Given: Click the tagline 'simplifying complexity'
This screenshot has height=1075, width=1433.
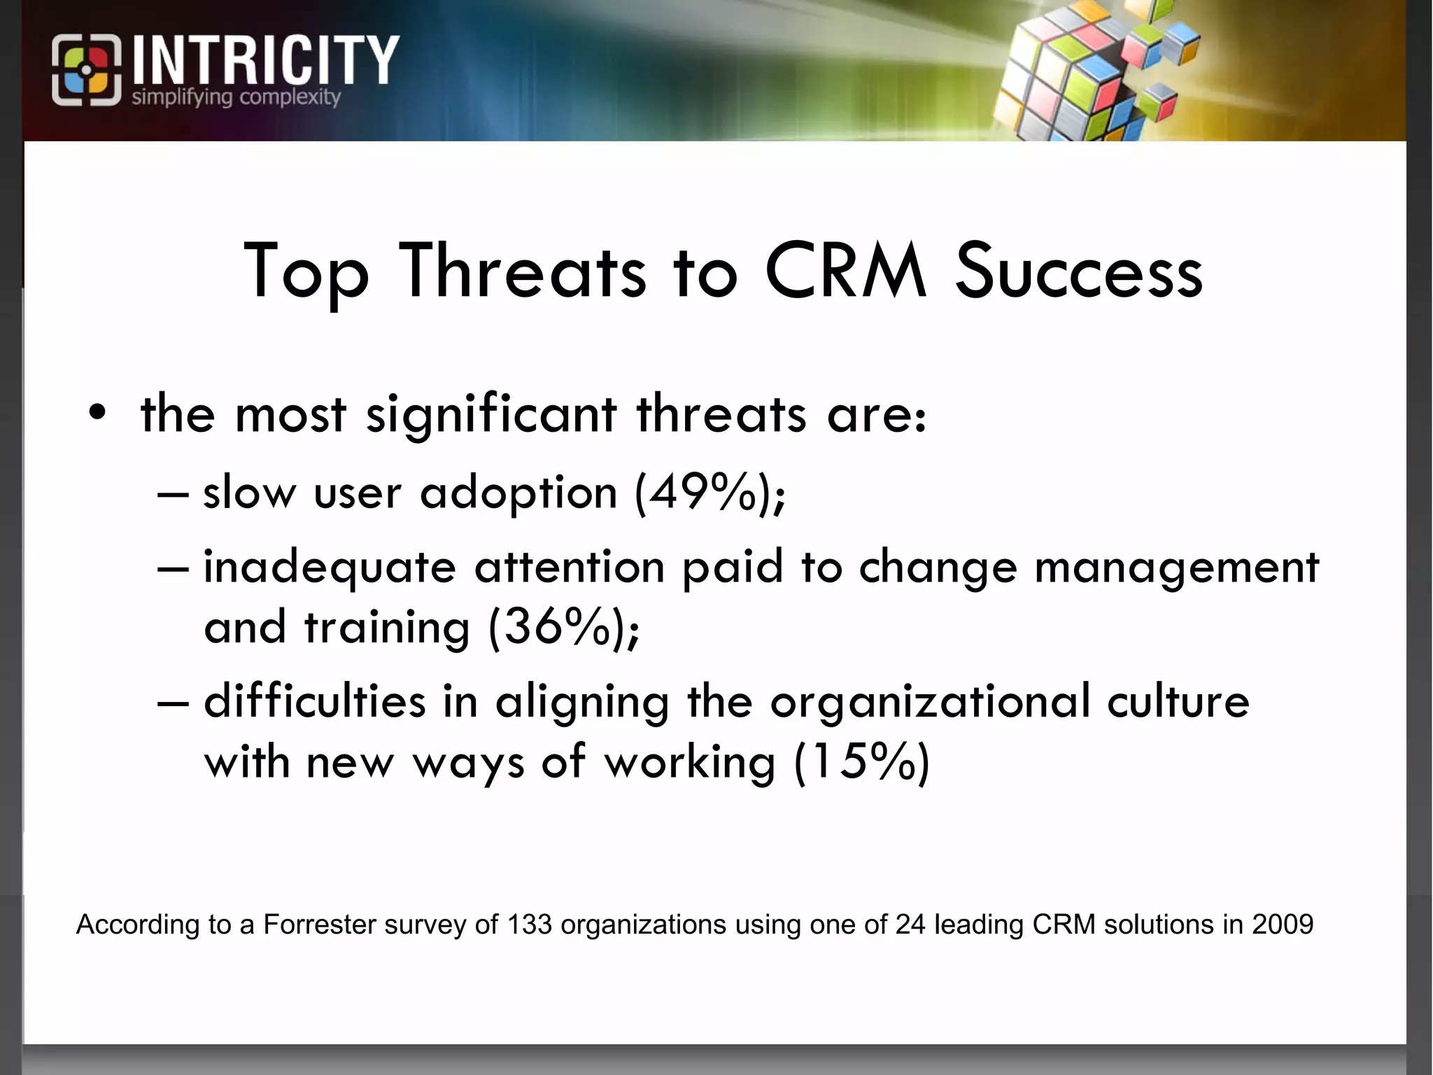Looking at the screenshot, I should (x=236, y=97).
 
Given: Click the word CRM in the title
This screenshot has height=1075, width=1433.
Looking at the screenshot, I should (x=846, y=272).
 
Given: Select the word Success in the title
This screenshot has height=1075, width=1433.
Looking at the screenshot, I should (x=1078, y=272).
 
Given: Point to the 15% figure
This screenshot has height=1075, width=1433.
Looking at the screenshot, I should (x=861, y=761).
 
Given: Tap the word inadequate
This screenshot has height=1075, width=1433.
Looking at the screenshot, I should (x=330, y=567).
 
